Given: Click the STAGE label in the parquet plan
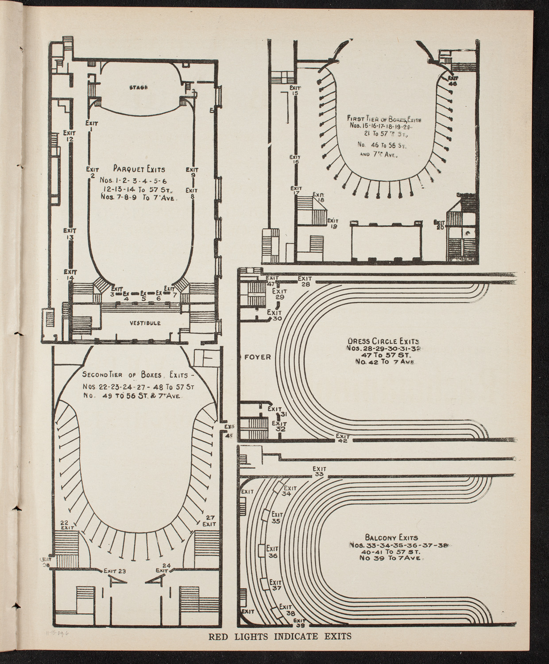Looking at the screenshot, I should pyautogui.click(x=138, y=88).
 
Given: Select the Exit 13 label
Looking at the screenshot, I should pyautogui.click(x=70, y=234).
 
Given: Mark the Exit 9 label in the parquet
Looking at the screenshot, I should pyautogui.click(x=192, y=172).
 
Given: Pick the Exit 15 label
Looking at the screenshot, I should pyautogui.click(x=295, y=90).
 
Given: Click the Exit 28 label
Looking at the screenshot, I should pyautogui.click(x=305, y=281).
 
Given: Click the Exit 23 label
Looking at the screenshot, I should pyautogui.click(x=115, y=571).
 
